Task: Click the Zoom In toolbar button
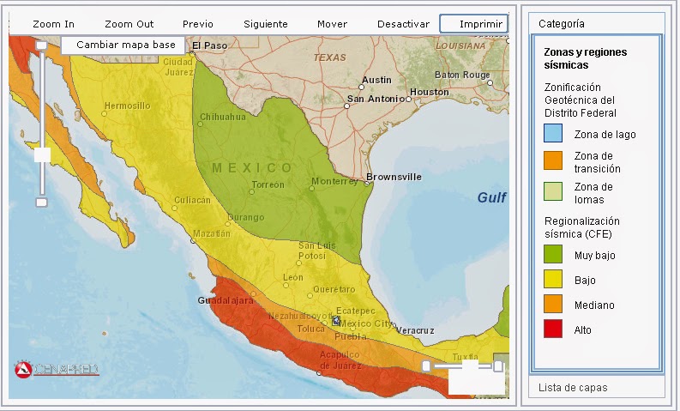coord(53,24)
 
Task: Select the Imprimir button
coord(474,24)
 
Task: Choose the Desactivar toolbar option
coord(403,24)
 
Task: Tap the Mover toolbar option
coord(332,24)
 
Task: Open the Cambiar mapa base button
coord(125,45)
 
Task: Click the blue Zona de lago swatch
coord(553,134)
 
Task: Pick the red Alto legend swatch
coord(553,329)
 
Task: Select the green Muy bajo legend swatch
coord(553,255)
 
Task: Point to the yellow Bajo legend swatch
coord(553,280)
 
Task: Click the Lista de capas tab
coord(573,388)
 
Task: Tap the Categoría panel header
coord(563,24)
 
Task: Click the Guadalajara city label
coord(226,302)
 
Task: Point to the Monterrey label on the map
coord(334,182)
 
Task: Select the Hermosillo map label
coord(127,106)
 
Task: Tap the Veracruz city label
coord(415,330)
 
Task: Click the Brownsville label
coord(394,177)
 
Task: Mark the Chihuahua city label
coord(222,117)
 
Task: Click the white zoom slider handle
coord(42,154)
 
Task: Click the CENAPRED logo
coord(57,370)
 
